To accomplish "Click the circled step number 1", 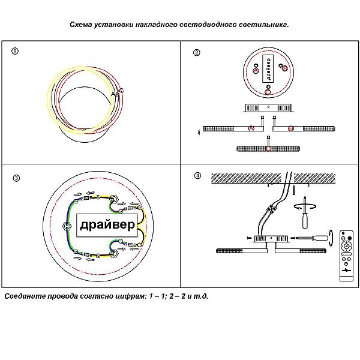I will click(15, 52).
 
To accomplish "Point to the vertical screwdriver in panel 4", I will click(305, 214).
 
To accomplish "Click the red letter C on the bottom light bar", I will click(268, 148).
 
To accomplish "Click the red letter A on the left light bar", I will click(251, 128).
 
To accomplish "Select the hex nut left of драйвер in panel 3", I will click(67, 225).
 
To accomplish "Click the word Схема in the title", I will click(82, 25).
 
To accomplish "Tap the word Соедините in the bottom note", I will click(25, 296).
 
